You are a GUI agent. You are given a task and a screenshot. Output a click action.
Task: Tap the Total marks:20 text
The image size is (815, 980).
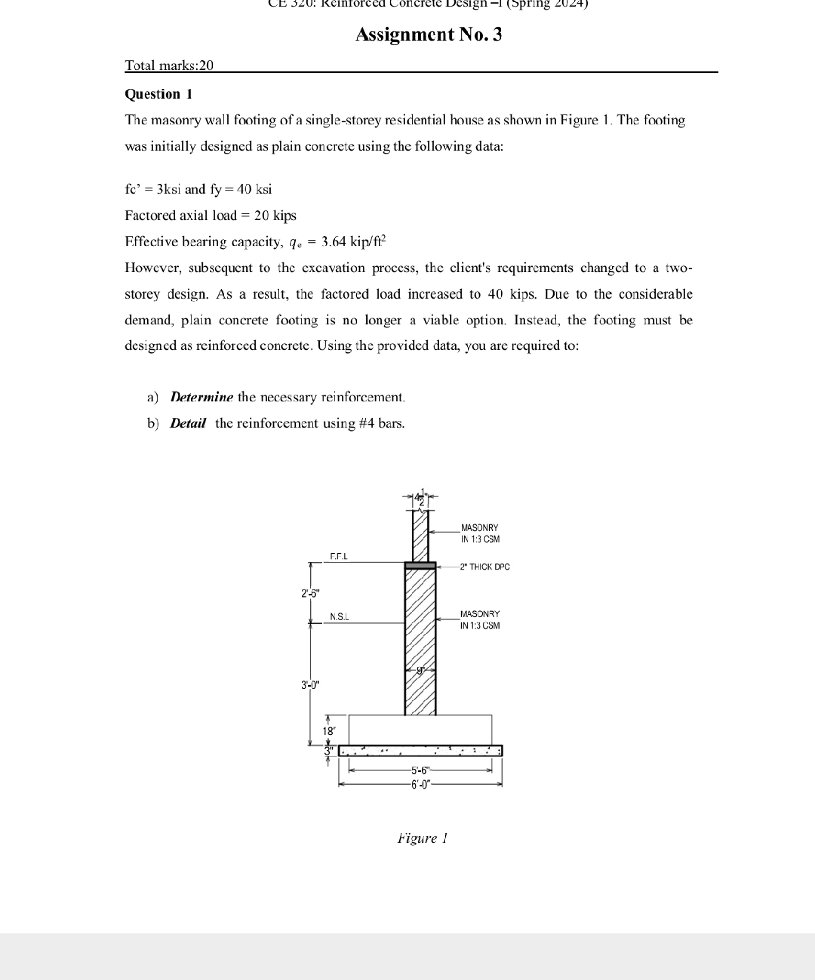tap(169, 65)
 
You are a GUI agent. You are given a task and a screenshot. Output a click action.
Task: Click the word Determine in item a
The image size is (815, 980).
tap(201, 397)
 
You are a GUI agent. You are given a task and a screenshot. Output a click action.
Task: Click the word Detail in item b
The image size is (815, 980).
tap(188, 423)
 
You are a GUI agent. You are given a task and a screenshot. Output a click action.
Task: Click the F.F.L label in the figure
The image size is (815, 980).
tap(339, 556)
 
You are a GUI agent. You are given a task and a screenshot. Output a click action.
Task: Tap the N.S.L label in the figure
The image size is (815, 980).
tap(339, 616)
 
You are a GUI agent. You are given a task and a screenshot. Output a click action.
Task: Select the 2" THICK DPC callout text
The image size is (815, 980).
tap(485, 567)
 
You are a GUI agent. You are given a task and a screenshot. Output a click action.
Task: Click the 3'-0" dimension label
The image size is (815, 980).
tap(310, 685)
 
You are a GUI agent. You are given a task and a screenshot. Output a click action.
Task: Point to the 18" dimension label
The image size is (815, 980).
tap(329, 731)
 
